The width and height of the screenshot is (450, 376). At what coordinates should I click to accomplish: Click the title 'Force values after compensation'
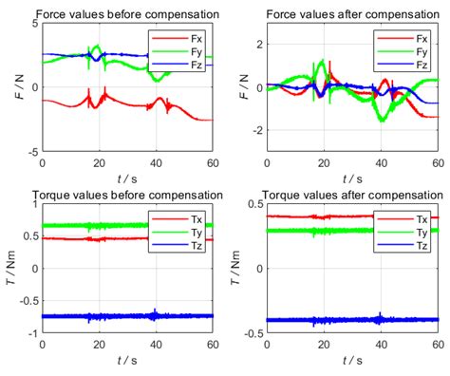351,13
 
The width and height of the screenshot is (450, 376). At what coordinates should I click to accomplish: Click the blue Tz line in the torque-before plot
95,315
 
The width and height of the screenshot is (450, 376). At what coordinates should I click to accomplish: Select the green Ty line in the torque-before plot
95,226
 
